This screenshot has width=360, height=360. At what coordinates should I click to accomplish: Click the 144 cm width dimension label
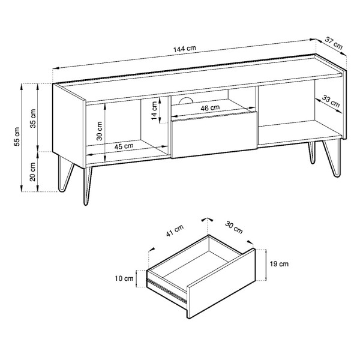point(185,49)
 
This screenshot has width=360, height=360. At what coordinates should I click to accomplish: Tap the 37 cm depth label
point(334,43)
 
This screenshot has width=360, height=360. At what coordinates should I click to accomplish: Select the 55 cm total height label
point(17,136)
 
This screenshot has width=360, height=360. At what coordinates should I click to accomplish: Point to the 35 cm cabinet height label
point(33,118)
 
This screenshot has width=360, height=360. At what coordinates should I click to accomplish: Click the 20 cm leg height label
point(33,172)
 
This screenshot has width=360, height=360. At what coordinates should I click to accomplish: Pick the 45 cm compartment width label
point(124,146)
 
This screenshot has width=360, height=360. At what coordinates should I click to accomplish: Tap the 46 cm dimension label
point(210,107)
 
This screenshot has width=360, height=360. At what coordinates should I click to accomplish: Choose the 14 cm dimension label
point(154,110)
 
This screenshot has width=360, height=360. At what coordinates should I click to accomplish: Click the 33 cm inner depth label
point(331,101)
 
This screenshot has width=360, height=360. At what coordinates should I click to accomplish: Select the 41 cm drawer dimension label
point(175,230)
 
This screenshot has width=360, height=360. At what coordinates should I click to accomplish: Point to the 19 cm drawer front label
point(279,264)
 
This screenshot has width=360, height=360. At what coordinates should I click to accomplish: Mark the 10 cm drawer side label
point(124,278)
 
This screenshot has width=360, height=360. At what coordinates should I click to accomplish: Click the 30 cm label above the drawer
point(234,227)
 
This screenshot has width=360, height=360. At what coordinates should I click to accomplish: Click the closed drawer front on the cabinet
point(214,135)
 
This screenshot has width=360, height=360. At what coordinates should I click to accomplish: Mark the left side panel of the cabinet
point(69,125)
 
